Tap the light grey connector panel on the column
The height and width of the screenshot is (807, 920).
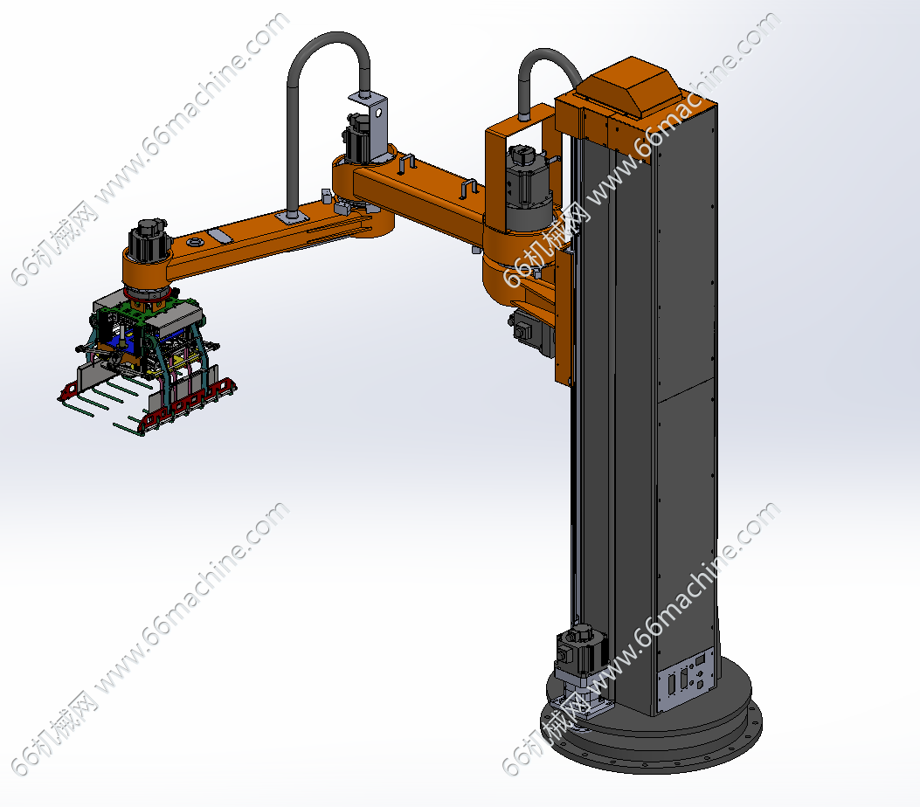tap(685, 680)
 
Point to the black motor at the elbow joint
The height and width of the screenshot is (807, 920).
tap(358, 138)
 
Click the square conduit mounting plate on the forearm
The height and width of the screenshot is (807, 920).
tap(292, 217)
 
